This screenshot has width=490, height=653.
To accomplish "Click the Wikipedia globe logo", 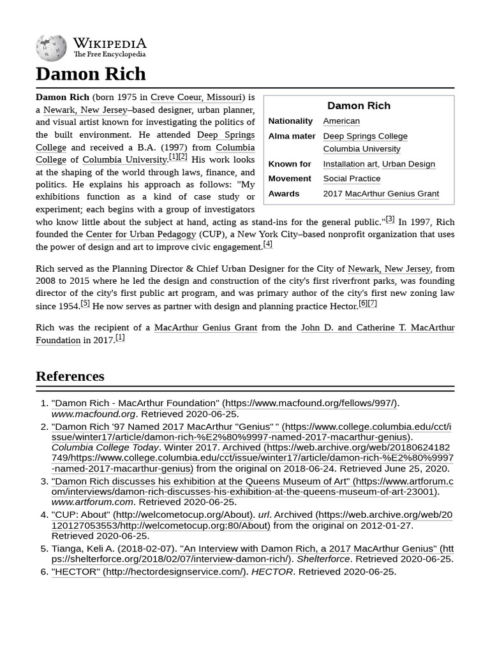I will (x=51, y=48).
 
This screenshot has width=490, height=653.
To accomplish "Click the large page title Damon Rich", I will (x=91, y=74).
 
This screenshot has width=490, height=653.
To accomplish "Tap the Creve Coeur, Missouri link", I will (x=196, y=97).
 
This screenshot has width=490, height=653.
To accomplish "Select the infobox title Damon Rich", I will (x=359, y=106).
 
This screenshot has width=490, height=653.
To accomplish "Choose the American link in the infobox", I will (x=341, y=121).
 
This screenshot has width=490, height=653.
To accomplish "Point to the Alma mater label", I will (x=292, y=136).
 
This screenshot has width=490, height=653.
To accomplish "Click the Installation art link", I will (x=350, y=164).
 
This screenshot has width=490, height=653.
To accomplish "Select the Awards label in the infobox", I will (x=283, y=193).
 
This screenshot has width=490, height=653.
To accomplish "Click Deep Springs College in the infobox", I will (x=365, y=136).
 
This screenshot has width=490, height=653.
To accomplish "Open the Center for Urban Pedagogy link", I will (x=141, y=234).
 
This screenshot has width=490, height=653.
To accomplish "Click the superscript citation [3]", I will (x=390, y=219).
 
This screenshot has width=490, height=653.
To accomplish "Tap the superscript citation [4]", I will (x=268, y=244).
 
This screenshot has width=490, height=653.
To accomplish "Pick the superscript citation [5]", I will (x=85, y=304).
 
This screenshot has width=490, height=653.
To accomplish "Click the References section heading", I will (x=70, y=376).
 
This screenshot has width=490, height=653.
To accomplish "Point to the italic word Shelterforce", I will (x=323, y=559).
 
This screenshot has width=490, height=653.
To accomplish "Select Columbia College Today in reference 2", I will (x=105, y=448).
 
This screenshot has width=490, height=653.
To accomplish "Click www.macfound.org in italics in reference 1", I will (x=93, y=414).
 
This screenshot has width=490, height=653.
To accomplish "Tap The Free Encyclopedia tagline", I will (x=109, y=55).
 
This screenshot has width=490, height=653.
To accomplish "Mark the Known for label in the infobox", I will (x=290, y=164).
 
